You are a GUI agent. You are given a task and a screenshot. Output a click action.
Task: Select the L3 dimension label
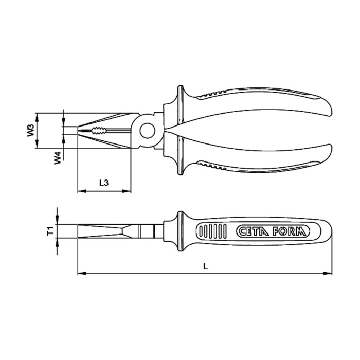coord(103,183)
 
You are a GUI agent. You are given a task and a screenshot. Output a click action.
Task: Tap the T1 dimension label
coord(50,231)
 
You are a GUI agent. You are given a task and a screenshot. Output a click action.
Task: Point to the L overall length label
coord(205,266)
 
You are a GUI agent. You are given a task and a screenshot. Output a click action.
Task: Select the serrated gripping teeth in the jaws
coord(98,130)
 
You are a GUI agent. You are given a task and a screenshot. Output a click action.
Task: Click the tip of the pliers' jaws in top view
coord(79,130)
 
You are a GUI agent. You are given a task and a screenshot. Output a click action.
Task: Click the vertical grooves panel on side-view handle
coord(214,232)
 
